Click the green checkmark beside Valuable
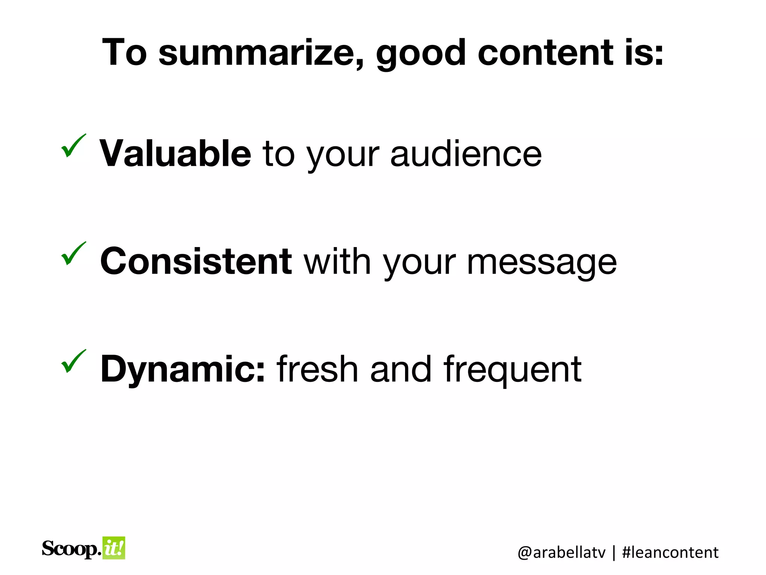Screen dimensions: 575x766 73,146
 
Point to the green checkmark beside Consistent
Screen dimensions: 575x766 73,253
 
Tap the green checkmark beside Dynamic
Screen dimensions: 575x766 73,361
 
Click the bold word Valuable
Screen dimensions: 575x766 175,153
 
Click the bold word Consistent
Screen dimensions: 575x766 196,261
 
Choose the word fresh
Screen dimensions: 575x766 317,369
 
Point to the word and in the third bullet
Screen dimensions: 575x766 401,369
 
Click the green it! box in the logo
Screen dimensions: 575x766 114,548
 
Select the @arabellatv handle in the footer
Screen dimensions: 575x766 561,553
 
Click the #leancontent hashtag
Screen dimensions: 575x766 670,553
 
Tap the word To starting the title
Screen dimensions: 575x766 124,53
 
